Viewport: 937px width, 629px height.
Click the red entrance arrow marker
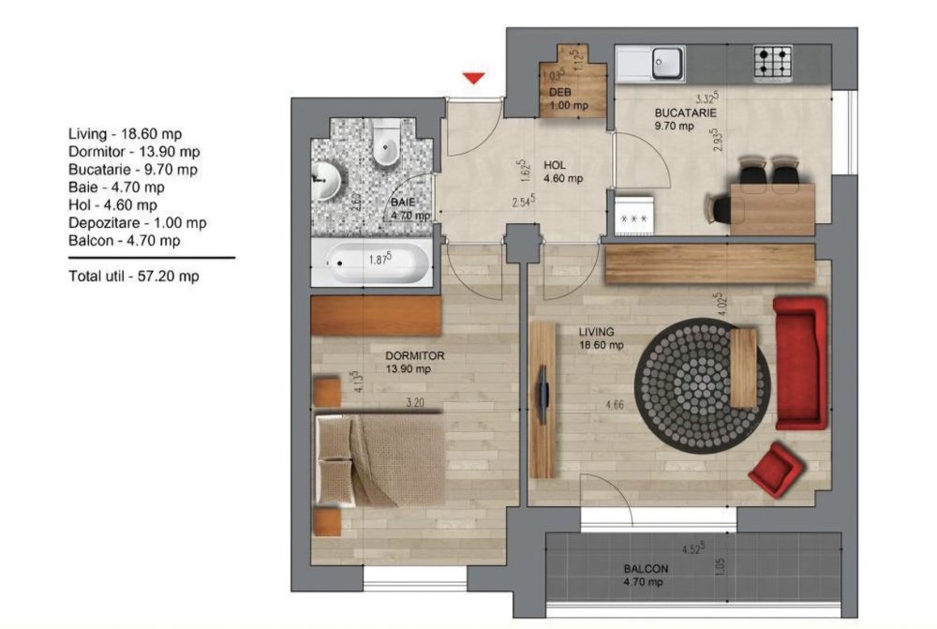click(474, 79)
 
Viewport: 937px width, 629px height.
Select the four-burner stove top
click(773, 63)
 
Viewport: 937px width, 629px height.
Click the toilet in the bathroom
click(384, 144)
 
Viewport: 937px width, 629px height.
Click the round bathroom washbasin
click(325, 178)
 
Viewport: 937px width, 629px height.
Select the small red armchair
click(777, 468)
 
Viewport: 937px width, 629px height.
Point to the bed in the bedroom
click(379, 460)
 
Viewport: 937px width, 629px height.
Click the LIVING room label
click(596, 332)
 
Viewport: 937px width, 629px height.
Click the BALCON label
click(646, 569)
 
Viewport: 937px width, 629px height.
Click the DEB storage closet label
click(560, 92)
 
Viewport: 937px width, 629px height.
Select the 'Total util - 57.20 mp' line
click(133, 277)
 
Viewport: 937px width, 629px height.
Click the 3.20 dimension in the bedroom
click(417, 405)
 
